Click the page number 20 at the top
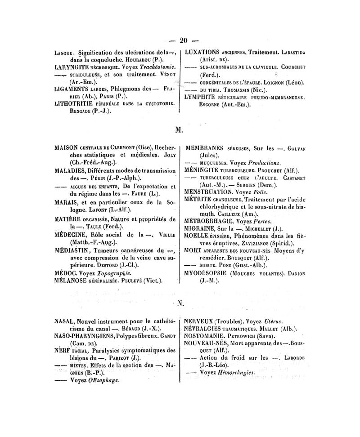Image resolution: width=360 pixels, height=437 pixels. (x=183, y=40)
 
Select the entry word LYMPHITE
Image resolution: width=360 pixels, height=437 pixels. (x=202, y=97)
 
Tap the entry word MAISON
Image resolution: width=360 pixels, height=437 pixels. (x=67, y=147)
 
